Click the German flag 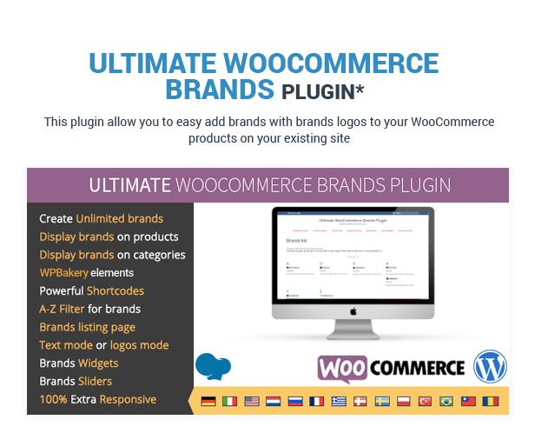coord(208,401)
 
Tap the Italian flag coord(230,401)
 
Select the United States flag coord(252,401)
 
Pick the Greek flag coord(338,401)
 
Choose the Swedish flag coord(382,401)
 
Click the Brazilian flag coord(446,401)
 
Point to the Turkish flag coord(426,401)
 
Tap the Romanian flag coord(490,401)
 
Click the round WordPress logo coord(490,366)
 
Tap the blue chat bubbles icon coord(213,366)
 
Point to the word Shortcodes coord(116,290)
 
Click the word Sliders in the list coord(95,381)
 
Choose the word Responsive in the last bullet coord(128,399)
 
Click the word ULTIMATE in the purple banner coord(129,185)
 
